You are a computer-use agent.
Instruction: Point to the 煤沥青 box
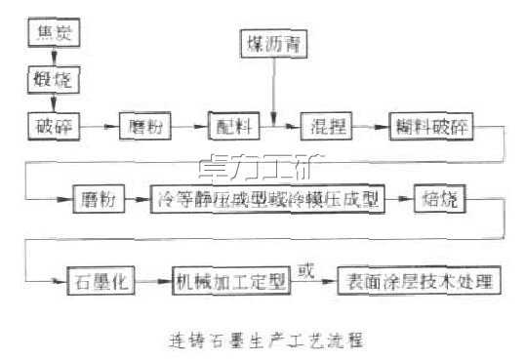272,43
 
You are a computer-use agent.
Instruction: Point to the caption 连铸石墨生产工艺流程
261,340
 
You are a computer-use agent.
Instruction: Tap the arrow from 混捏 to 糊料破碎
370,125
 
